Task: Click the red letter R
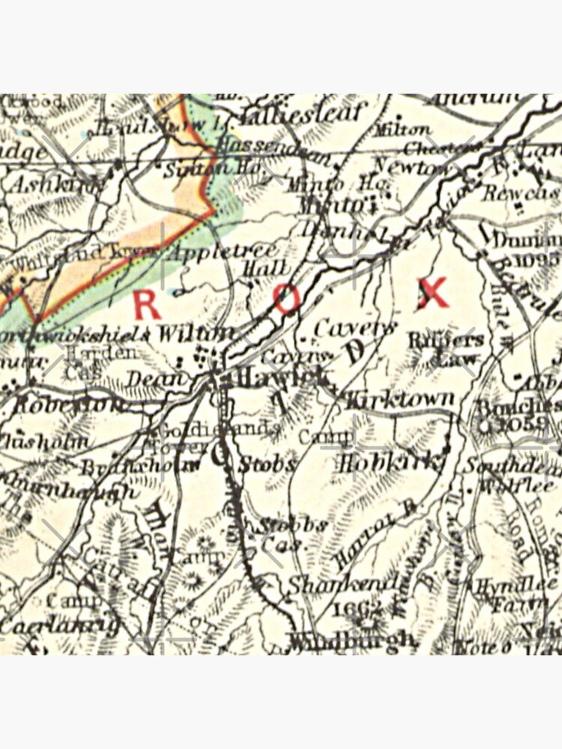coord(146,305)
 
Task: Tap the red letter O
coord(287,299)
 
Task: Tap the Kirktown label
coord(402,398)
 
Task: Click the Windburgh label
coord(352,640)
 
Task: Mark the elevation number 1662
coord(360,607)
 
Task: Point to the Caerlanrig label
coord(60,624)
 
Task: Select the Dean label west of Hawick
coord(154,379)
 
